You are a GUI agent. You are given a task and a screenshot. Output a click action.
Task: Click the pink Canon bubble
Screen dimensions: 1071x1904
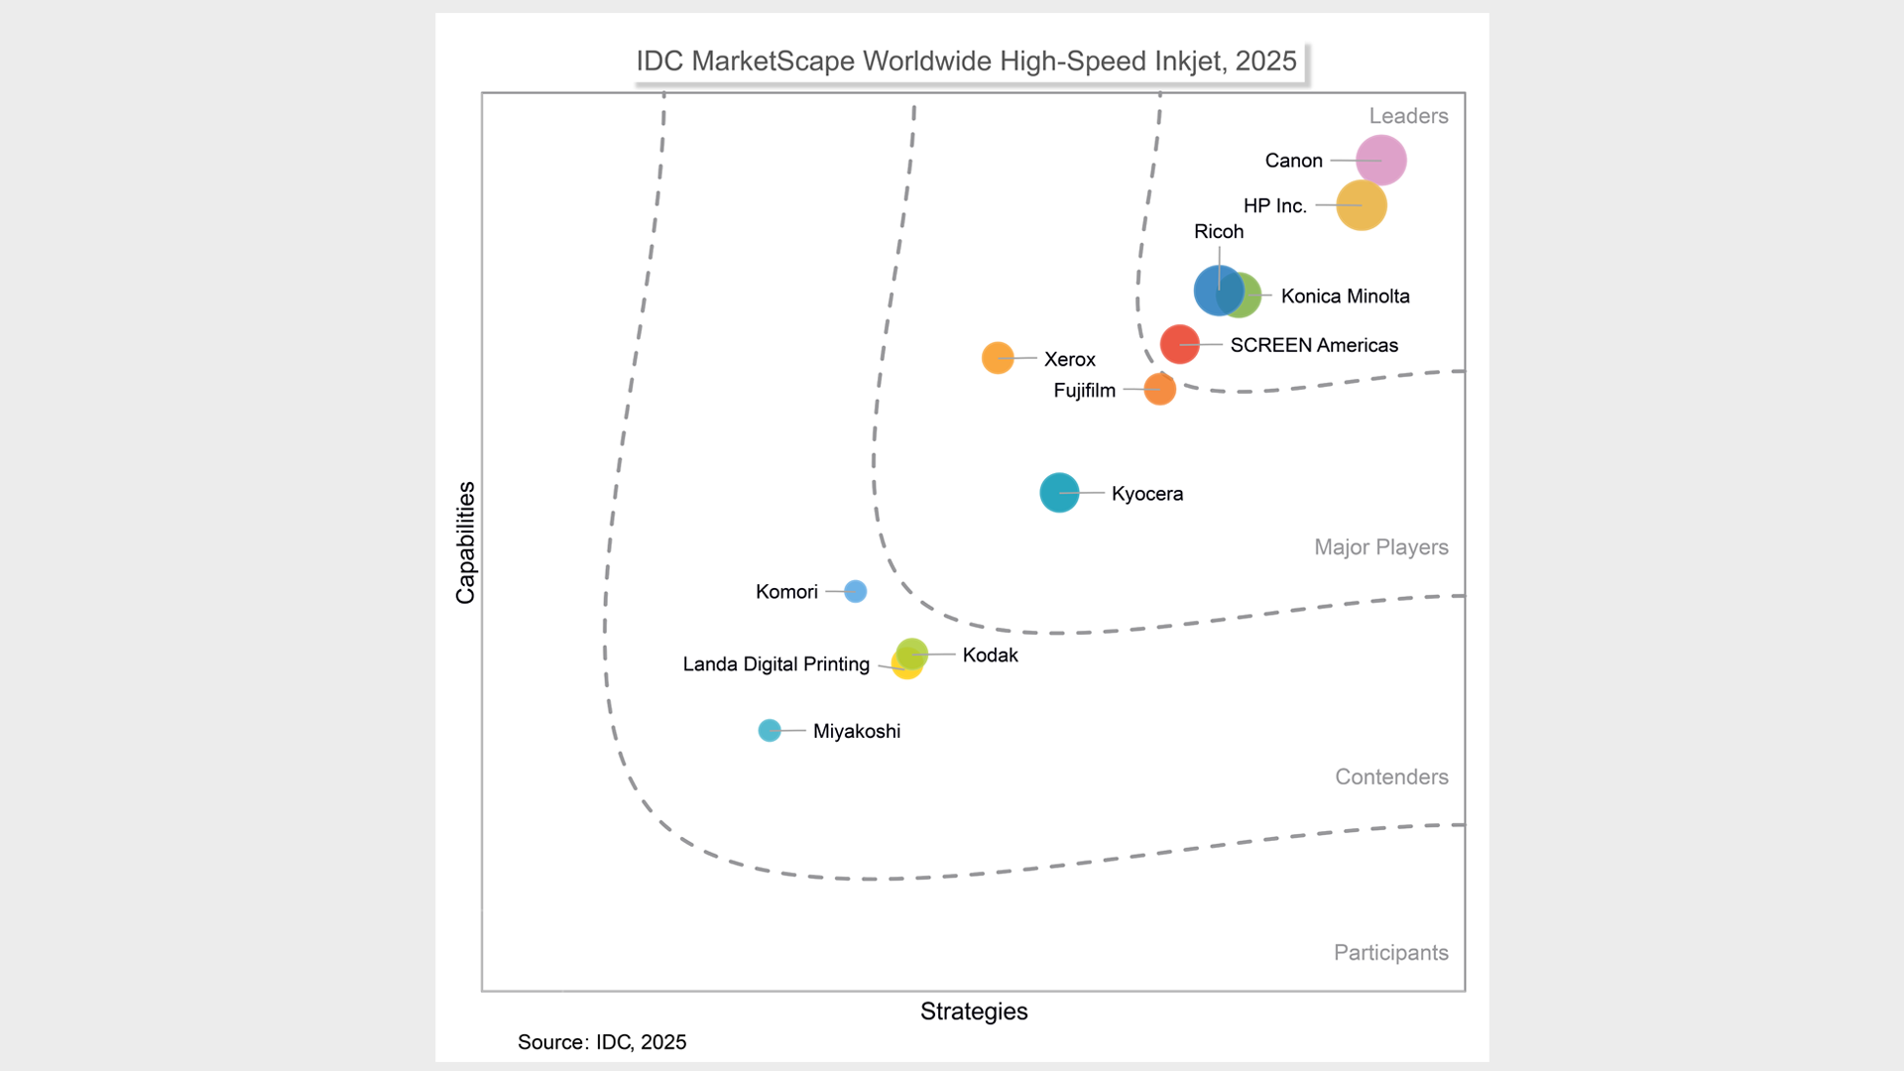tap(1380, 160)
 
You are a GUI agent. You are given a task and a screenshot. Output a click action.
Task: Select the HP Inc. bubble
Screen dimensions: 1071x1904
tap(1361, 205)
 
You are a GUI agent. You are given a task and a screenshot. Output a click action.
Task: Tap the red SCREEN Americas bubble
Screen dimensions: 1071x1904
tap(1179, 344)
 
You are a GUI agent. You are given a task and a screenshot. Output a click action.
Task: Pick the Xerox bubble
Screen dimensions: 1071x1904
tap(997, 357)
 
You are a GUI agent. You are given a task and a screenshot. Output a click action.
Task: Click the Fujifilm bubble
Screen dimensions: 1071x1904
tap(1159, 389)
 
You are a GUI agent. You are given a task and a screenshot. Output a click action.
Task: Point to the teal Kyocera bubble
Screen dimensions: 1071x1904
tap(1058, 492)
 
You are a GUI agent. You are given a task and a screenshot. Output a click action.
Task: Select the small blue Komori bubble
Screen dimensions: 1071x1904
tap(855, 591)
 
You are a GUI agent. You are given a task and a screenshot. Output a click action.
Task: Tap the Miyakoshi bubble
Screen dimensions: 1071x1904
tap(769, 730)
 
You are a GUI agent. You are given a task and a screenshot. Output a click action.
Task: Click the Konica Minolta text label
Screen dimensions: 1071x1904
tap(1345, 296)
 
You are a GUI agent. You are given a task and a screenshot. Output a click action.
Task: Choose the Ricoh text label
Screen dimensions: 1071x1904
tap(1218, 231)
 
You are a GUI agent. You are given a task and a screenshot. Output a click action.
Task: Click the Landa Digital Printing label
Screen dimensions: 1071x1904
tap(775, 663)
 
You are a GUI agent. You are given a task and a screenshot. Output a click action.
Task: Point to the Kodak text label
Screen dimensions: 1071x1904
tap(990, 654)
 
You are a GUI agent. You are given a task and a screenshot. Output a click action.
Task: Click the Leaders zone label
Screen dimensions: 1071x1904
tap(1408, 116)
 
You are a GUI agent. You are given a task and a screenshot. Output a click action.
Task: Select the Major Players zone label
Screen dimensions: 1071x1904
tap(1380, 546)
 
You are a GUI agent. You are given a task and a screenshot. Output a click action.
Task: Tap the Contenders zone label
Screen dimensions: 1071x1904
tap(1391, 776)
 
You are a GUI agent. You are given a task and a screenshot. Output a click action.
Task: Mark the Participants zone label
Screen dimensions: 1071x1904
tap(1390, 952)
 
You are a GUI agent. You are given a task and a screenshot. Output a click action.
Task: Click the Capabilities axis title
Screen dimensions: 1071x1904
tap(465, 542)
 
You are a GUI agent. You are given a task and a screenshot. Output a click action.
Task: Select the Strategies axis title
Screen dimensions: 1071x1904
tap(974, 1011)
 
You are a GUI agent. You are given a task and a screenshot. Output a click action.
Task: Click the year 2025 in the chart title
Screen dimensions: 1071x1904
tap(1265, 60)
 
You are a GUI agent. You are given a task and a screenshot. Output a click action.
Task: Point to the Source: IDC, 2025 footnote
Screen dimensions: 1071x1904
tap(602, 1041)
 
